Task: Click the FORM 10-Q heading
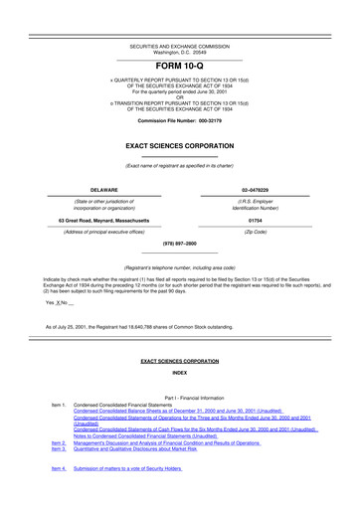(179, 65)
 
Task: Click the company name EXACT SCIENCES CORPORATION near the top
(179, 145)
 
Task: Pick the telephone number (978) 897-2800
(179, 243)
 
